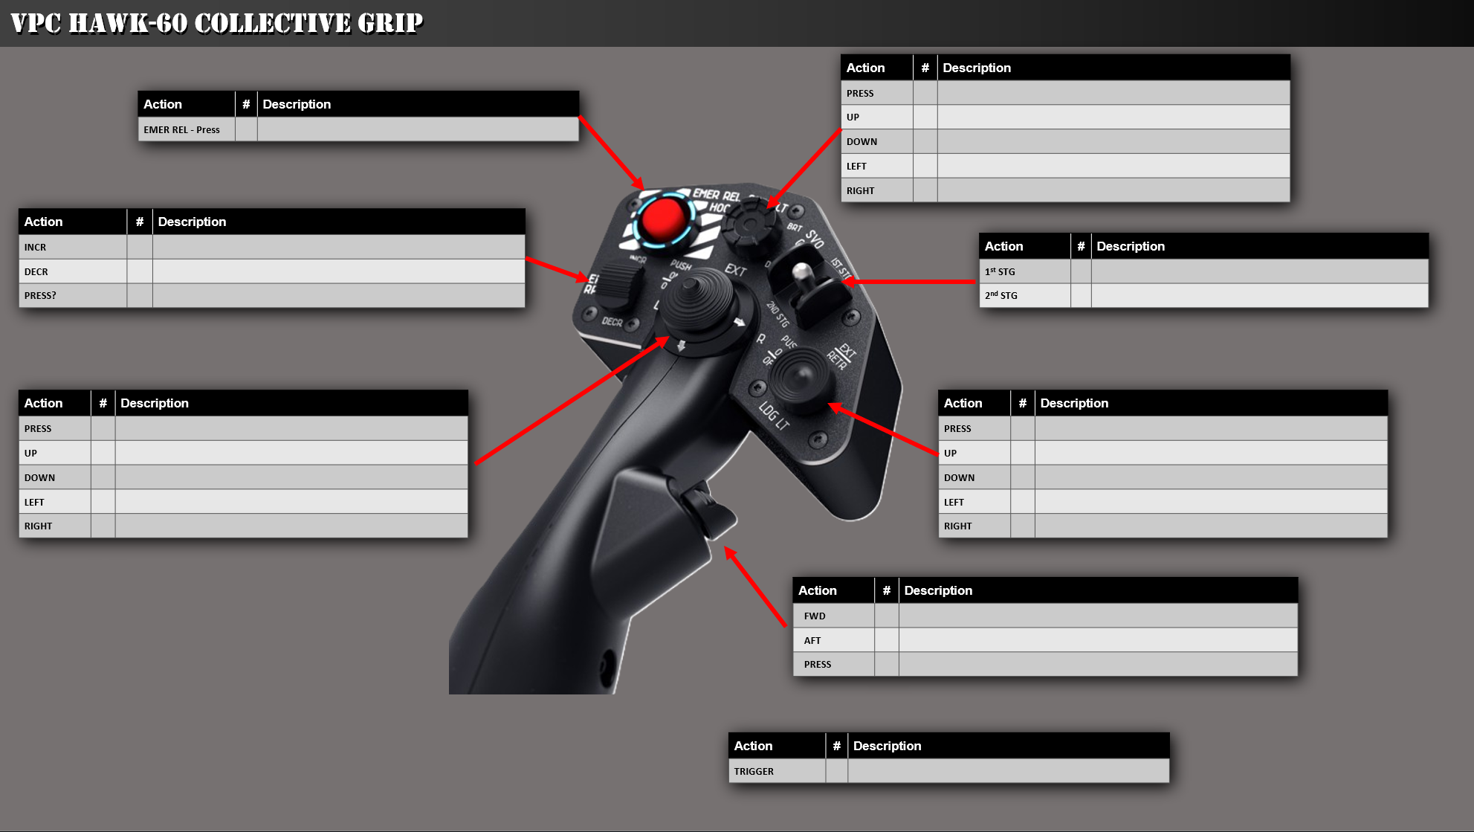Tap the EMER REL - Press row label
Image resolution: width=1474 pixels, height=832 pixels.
tap(181, 129)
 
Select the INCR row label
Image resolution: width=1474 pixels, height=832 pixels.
tap(35, 247)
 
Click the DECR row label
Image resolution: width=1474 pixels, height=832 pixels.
tap(36, 271)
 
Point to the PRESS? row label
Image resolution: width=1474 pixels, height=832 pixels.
tap(40, 295)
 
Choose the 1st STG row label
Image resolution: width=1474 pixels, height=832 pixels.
tap(1000, 271)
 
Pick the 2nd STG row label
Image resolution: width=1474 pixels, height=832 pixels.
tap(1001, 295)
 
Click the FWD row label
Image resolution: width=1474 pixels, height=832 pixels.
tap(815, 616)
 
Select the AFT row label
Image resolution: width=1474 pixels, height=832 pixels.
tap(812, 640)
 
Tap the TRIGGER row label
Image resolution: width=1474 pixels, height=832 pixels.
tap(754, 771)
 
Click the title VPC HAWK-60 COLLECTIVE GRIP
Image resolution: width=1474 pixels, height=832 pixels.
tap(217, 23)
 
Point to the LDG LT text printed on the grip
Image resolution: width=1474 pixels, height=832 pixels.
tap(774, 416)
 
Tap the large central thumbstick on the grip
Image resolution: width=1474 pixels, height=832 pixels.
tap(699, 301)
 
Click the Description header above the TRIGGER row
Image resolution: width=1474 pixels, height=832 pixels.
tap(887, 746)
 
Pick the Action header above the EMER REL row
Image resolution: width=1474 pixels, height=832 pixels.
tap(163, 104)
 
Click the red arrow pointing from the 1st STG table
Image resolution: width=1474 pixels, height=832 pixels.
tap(911, 282)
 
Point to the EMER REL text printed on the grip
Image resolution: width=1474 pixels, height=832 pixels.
tap(717, 195)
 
